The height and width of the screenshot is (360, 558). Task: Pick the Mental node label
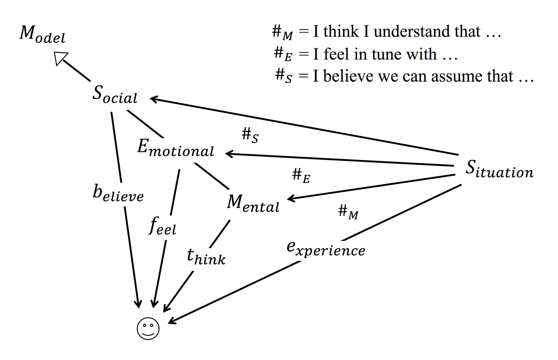[253, 205]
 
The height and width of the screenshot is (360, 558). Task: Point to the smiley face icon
[148, 327]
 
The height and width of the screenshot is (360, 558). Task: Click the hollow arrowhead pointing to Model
[61, 58]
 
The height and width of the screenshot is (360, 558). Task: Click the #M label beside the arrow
[349, 212]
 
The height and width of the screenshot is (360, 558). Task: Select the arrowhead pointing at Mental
[291, 199]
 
